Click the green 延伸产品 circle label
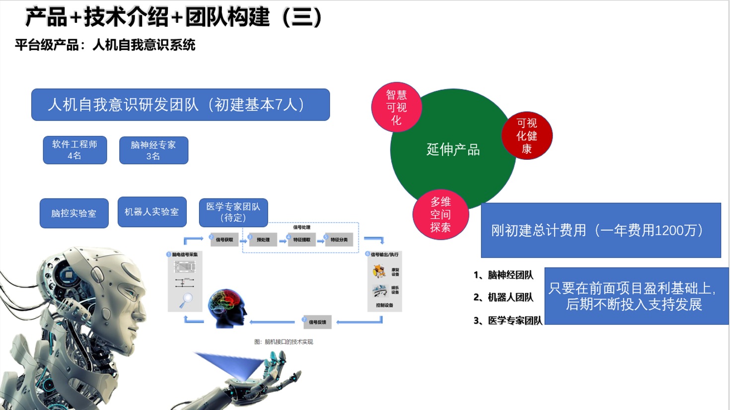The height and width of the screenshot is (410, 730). pyautogui.click(x=453, y=149)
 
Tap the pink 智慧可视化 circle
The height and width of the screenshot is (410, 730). pyautogui.click(x=396, y=107)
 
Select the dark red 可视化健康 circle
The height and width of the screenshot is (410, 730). pyautogui.click(x=526, y=136)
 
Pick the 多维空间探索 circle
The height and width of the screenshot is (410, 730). pyautogui.click(x=440, y=214)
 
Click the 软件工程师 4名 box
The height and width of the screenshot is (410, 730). pyautogui.click(x=75, y=150)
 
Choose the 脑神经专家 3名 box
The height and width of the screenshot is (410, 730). pyautogui.click(x=153, y=150)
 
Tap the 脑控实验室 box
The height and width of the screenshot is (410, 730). pyautogui.click(x=74, y=213)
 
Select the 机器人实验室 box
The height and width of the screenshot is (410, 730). pyautogui.click(x=152, y=212)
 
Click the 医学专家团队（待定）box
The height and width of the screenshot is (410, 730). pyautogui.click(x=233, y=212)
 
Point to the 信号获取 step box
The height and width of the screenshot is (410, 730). pyautogui.click(x=224, y=240)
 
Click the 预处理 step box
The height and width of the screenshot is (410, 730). pyautogui.click(x=263, y=240)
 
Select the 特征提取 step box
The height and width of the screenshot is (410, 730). pyautogui.click(x=301, y=240)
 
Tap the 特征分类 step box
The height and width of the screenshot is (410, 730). pyautogui.click(x=339, y=240)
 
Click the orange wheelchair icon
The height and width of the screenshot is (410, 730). pyautogui.click(x=379, y=272)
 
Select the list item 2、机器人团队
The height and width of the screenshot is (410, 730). pyautogui.click(x=503, y=297)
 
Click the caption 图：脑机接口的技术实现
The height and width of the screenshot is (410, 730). pyautogui.click(x=284, y=342)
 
